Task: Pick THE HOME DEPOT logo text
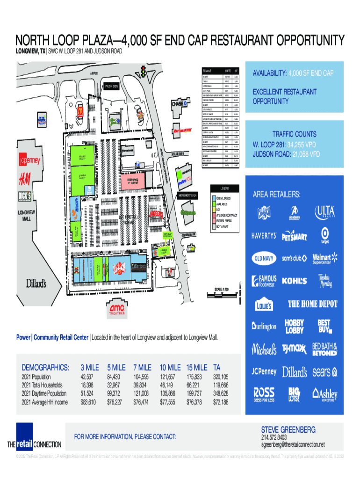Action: pos(312,304)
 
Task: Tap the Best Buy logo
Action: pos(324,326)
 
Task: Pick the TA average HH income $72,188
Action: pos(222,402)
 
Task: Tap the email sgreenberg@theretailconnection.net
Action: pos(292,444)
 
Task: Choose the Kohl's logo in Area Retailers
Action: pos(295,281)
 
